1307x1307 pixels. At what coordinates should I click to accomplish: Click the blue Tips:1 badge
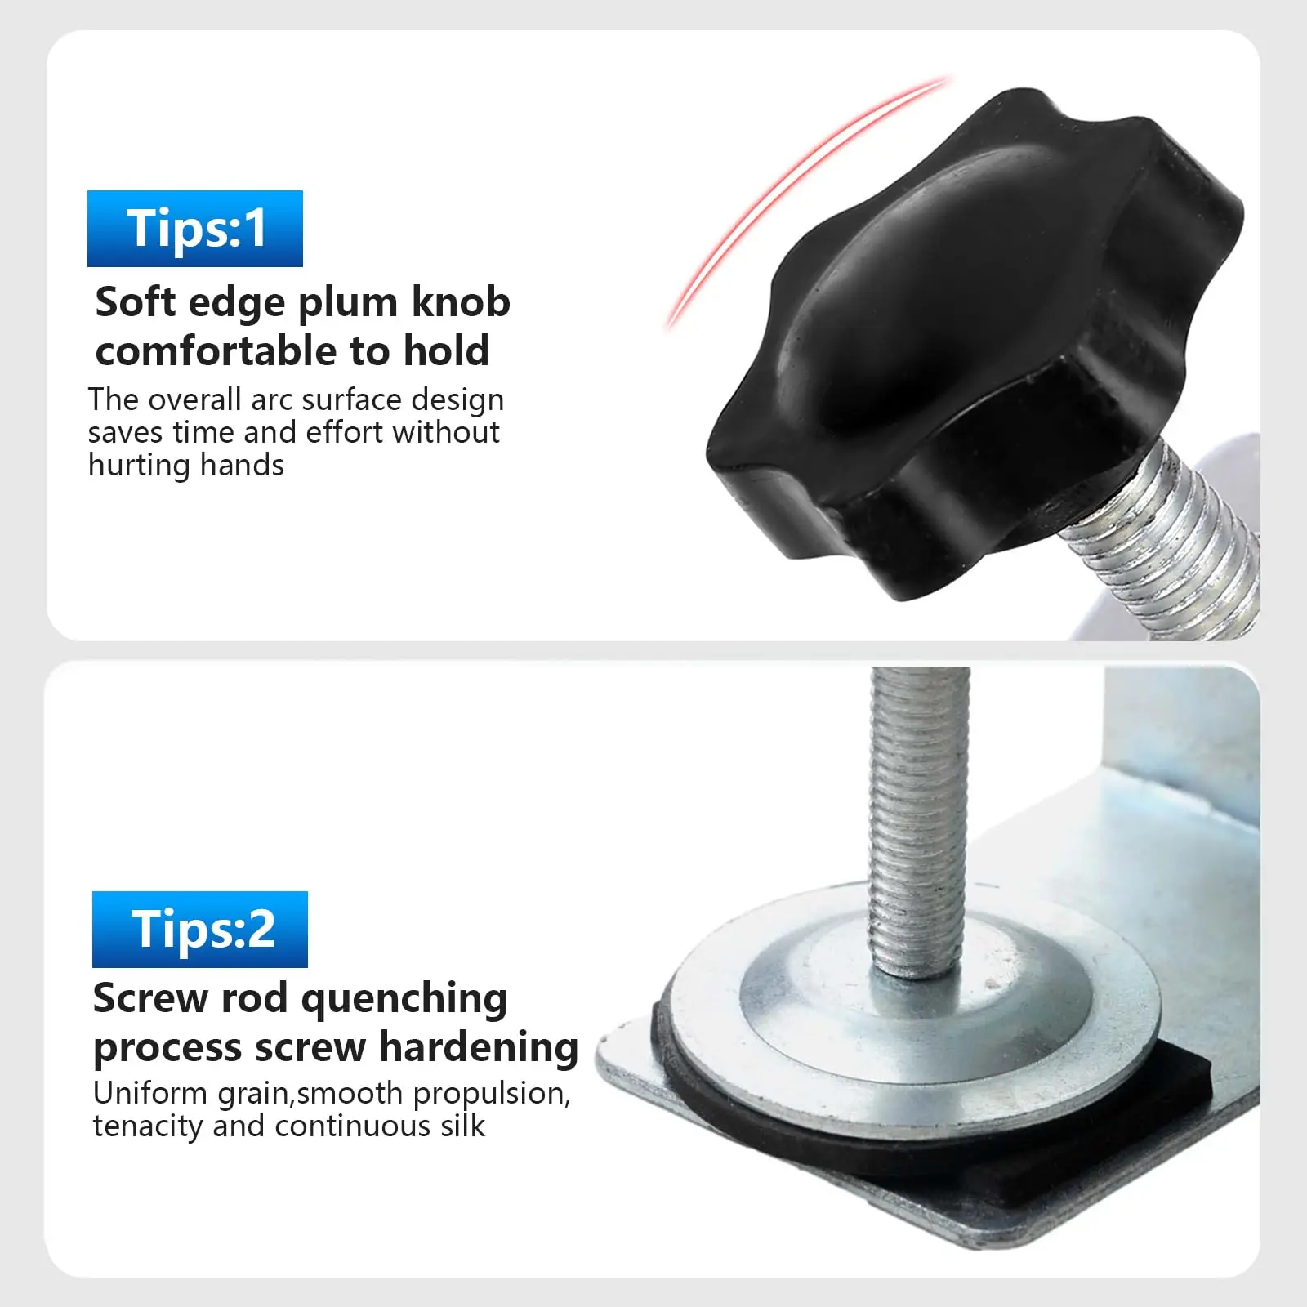pyautogui.click(x=195, y=229)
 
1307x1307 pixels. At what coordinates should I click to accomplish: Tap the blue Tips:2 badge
pyautogui.click(x=200, y=930)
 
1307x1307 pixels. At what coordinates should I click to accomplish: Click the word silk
pyautogui.click(x=462, y=1126)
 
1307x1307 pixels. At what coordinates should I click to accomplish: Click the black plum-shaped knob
pyautogui.click(x=972, y=343)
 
